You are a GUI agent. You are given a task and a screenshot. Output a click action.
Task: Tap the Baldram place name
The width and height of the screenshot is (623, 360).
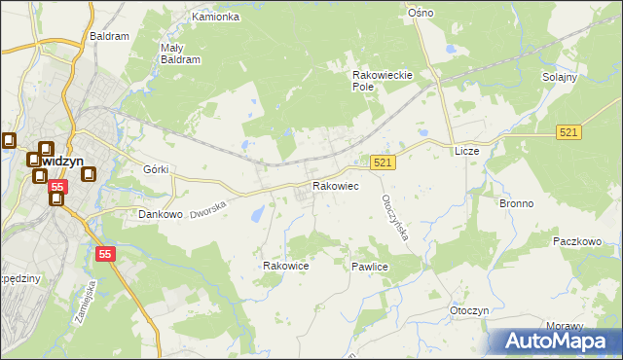click(109, 36)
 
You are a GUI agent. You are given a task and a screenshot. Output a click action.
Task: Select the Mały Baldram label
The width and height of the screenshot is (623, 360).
click(179, 53)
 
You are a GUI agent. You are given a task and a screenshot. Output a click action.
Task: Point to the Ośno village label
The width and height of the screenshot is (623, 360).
click(421, 13)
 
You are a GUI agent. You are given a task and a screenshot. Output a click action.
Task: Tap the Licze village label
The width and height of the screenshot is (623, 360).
click(467, 152)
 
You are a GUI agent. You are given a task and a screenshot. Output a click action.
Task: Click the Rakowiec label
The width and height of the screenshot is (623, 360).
click(335, 186)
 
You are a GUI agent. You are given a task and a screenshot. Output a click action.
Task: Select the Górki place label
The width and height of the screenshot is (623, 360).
click(156, 169)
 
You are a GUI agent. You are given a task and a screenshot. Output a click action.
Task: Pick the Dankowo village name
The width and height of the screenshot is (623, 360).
click(161, 214)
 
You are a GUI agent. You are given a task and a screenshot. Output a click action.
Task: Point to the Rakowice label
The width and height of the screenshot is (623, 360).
click(286, 266)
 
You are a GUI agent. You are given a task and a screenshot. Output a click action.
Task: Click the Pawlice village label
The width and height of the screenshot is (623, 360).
click(371, 266)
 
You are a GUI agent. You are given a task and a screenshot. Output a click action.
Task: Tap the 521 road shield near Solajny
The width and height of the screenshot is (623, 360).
click(570, 131)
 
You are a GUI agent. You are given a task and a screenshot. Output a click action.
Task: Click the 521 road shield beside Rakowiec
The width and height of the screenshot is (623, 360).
click(383, 164)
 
